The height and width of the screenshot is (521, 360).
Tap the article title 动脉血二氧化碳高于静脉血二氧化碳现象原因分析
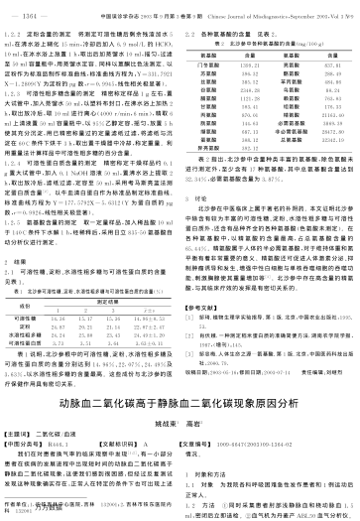pos(179,378)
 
